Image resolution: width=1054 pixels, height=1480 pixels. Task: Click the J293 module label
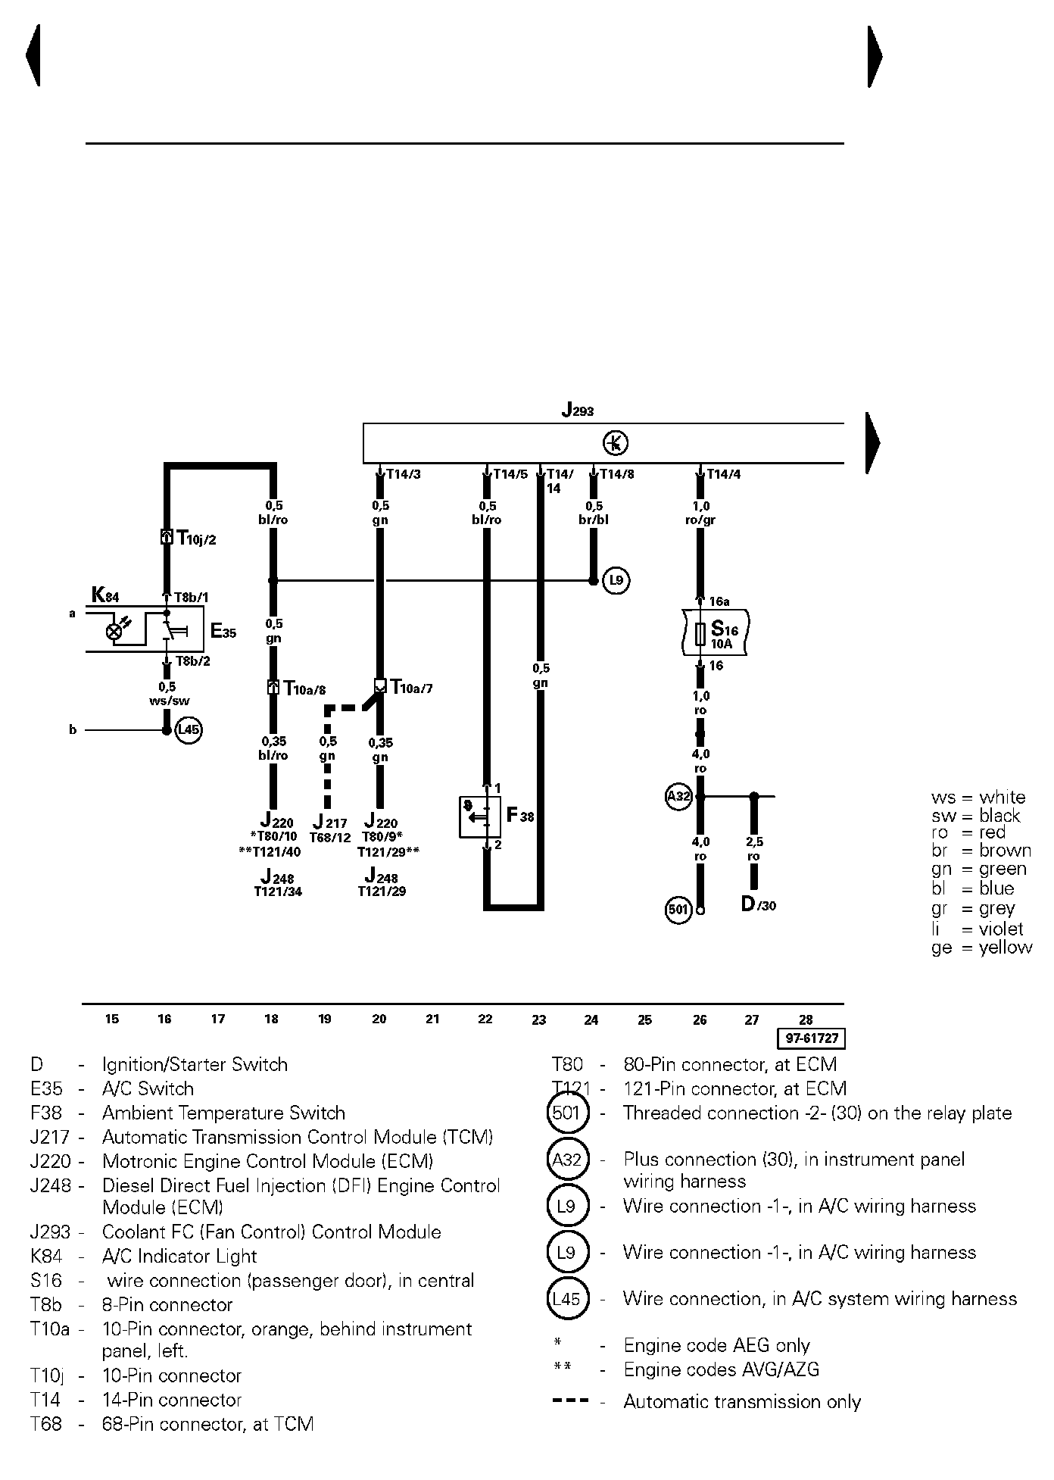coord(578,411)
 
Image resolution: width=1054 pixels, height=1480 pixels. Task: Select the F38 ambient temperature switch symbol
coord(479,816)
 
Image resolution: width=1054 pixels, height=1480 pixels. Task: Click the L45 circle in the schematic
coord(189,730)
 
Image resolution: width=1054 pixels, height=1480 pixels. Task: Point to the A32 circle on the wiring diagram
coord(678,796)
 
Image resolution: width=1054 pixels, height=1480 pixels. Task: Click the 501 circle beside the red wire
coord(678,909)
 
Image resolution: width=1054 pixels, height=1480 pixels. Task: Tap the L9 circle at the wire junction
coord(616,581)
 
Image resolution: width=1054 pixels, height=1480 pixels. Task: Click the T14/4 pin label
coord(724,475)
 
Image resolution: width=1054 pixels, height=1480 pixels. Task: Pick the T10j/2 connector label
coord(196,539)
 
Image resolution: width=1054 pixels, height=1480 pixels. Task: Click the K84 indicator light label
coord(105,595)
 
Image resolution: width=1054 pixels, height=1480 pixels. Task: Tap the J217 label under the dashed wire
coord(330,823)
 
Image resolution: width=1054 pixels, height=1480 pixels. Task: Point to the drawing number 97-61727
coord(811,1038)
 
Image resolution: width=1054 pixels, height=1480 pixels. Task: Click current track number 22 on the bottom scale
coord(485,1019)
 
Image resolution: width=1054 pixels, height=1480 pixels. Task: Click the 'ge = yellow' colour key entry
coord(982,948)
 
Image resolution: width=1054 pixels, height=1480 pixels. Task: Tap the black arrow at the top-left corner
coord(33,56)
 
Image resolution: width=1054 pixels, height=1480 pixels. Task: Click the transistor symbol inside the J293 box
coord(616,443)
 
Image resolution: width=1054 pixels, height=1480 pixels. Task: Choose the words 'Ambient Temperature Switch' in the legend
coord(223,1113)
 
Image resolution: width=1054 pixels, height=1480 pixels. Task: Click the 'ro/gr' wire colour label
coord(701,520)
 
